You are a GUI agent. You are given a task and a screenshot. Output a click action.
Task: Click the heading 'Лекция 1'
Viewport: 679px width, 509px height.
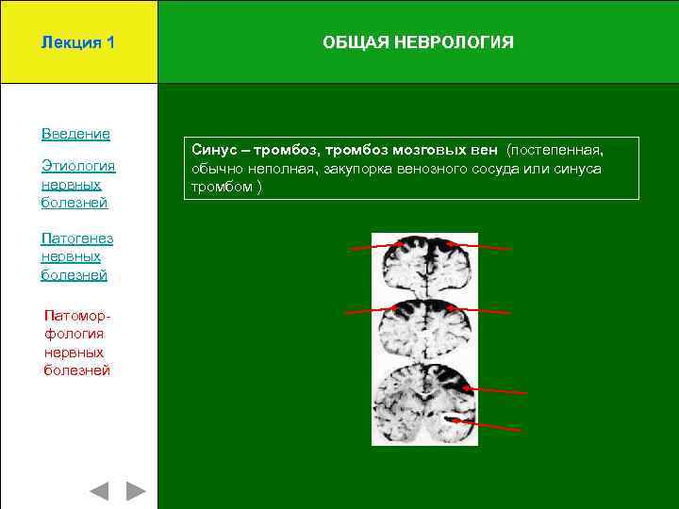tap(78, 42)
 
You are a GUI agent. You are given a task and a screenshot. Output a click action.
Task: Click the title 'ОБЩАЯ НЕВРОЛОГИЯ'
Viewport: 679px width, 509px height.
tap(418, 42)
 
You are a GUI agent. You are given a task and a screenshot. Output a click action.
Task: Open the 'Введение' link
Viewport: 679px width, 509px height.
tap(75, 134)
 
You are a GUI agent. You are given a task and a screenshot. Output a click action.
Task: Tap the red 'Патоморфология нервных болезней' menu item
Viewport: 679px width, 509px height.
tap(76, 342)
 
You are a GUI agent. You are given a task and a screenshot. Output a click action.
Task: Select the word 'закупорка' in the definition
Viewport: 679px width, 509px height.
tap(356, 169)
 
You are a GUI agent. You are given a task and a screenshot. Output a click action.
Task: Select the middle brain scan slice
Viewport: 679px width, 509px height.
tap(424, 325)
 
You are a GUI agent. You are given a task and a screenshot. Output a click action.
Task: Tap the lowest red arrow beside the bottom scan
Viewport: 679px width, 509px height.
tap(486, 425)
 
